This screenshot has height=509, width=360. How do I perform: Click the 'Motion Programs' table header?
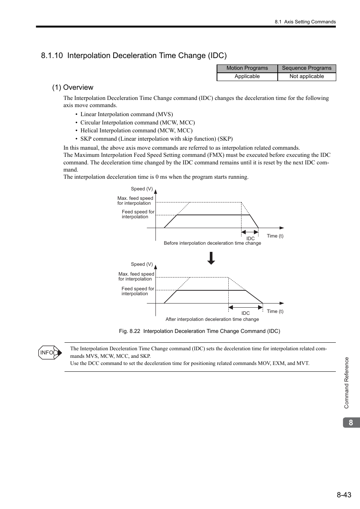247,68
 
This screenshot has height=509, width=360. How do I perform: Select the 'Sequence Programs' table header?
306,68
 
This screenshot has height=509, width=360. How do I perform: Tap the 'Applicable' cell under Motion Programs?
247,77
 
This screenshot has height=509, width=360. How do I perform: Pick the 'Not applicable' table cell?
306,77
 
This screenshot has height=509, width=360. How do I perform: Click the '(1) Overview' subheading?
72,87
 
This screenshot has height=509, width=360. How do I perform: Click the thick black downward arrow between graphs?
211,258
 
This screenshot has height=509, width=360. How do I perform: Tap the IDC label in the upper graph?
251,239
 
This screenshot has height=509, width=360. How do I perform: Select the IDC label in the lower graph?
246,313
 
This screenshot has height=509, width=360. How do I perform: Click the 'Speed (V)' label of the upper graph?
142,189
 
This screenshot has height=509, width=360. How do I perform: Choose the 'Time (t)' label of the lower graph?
275,311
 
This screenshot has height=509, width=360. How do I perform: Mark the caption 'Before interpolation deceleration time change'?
212,243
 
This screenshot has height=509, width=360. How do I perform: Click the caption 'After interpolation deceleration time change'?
212,319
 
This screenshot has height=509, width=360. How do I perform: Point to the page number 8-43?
344,495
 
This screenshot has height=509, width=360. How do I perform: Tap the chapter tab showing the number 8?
351,423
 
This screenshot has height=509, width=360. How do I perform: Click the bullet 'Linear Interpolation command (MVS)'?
126,114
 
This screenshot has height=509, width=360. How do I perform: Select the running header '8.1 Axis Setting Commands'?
305,22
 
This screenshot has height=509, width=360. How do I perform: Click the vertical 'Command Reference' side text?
346,383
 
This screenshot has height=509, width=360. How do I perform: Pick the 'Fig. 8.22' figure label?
129,331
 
